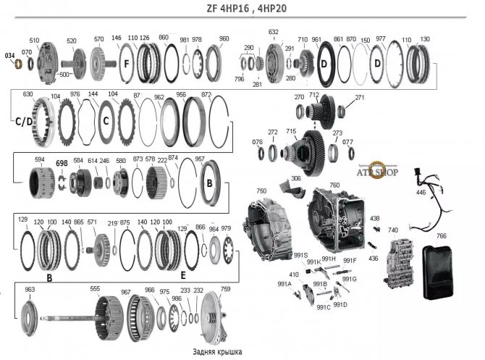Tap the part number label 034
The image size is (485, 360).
[9, 55]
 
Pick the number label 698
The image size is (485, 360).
[62, 164]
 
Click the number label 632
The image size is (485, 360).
[274, 33]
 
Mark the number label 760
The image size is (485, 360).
[334, 185]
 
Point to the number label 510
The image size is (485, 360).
[34, 40]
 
